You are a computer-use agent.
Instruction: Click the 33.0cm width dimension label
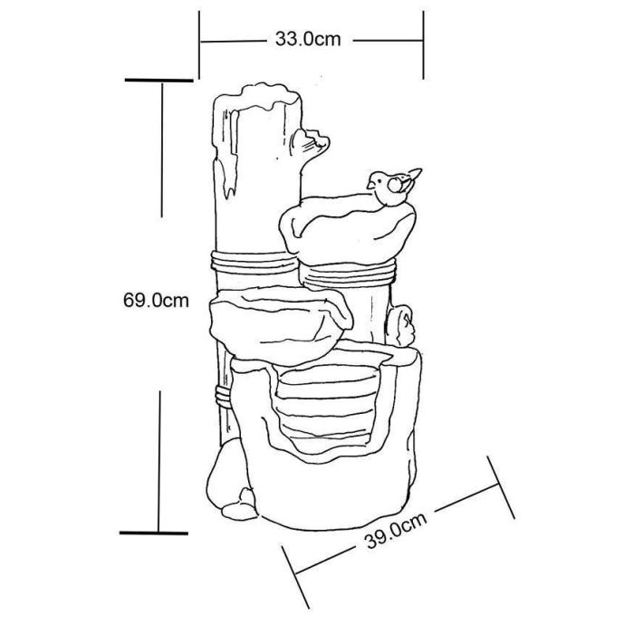tap(308, 39)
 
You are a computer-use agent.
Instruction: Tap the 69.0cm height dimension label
tap(156, 301)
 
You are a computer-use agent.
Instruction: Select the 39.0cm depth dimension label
tap(396, 531)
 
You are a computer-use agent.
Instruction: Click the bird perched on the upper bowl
tap(393, 187)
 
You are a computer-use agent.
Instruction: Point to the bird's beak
tap(370, 185)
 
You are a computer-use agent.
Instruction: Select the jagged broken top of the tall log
tap(256, 97)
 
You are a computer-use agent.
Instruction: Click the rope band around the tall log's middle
tap(254, 262)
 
